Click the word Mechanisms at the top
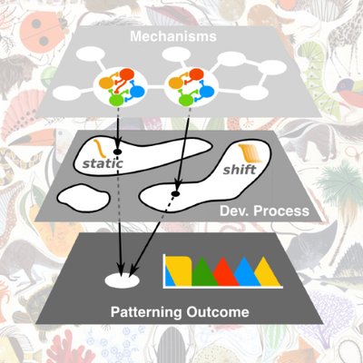[x=173, y=36]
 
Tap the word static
[x=103, y=163]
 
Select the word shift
[x=240, y=169]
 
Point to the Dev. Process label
[x=264, y=211]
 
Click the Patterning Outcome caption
[x=180, y=312]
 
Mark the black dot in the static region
[x=117, y=151]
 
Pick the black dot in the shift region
[x=175, y=193]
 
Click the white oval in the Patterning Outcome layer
[x=122, y=280]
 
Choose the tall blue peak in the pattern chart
[x=244, y=271]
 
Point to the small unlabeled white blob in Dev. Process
[x=83, y=198]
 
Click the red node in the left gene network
[x=127, y=74]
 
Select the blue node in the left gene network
[x=137, y=90]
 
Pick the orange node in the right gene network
[x=175, y=83]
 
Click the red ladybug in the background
[x=42, y=33]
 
